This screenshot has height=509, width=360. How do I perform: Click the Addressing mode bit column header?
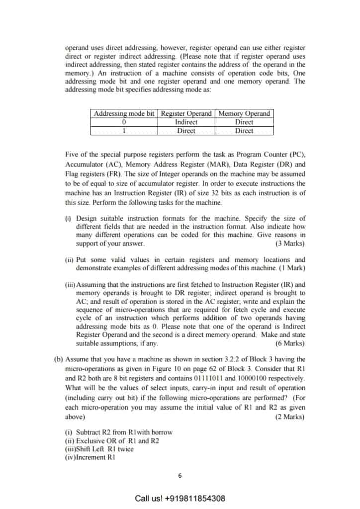click(124, 113)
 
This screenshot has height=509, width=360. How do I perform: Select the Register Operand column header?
click(186, 113)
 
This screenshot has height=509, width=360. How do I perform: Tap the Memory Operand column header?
click(244, 113)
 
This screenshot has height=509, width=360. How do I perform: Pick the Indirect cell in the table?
click(186, 122)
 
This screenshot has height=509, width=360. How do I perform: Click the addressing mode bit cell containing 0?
click(124, 122)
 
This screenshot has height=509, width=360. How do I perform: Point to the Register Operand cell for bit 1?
click(186, 131)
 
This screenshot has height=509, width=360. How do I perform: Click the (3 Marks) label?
click(290, 244)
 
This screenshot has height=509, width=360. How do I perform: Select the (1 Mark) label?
click(292, 268)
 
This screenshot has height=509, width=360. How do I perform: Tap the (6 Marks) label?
click(290, 343)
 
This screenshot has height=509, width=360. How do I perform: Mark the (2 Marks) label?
click(290, 417)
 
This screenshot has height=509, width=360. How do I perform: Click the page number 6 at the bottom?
click(180, 475)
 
